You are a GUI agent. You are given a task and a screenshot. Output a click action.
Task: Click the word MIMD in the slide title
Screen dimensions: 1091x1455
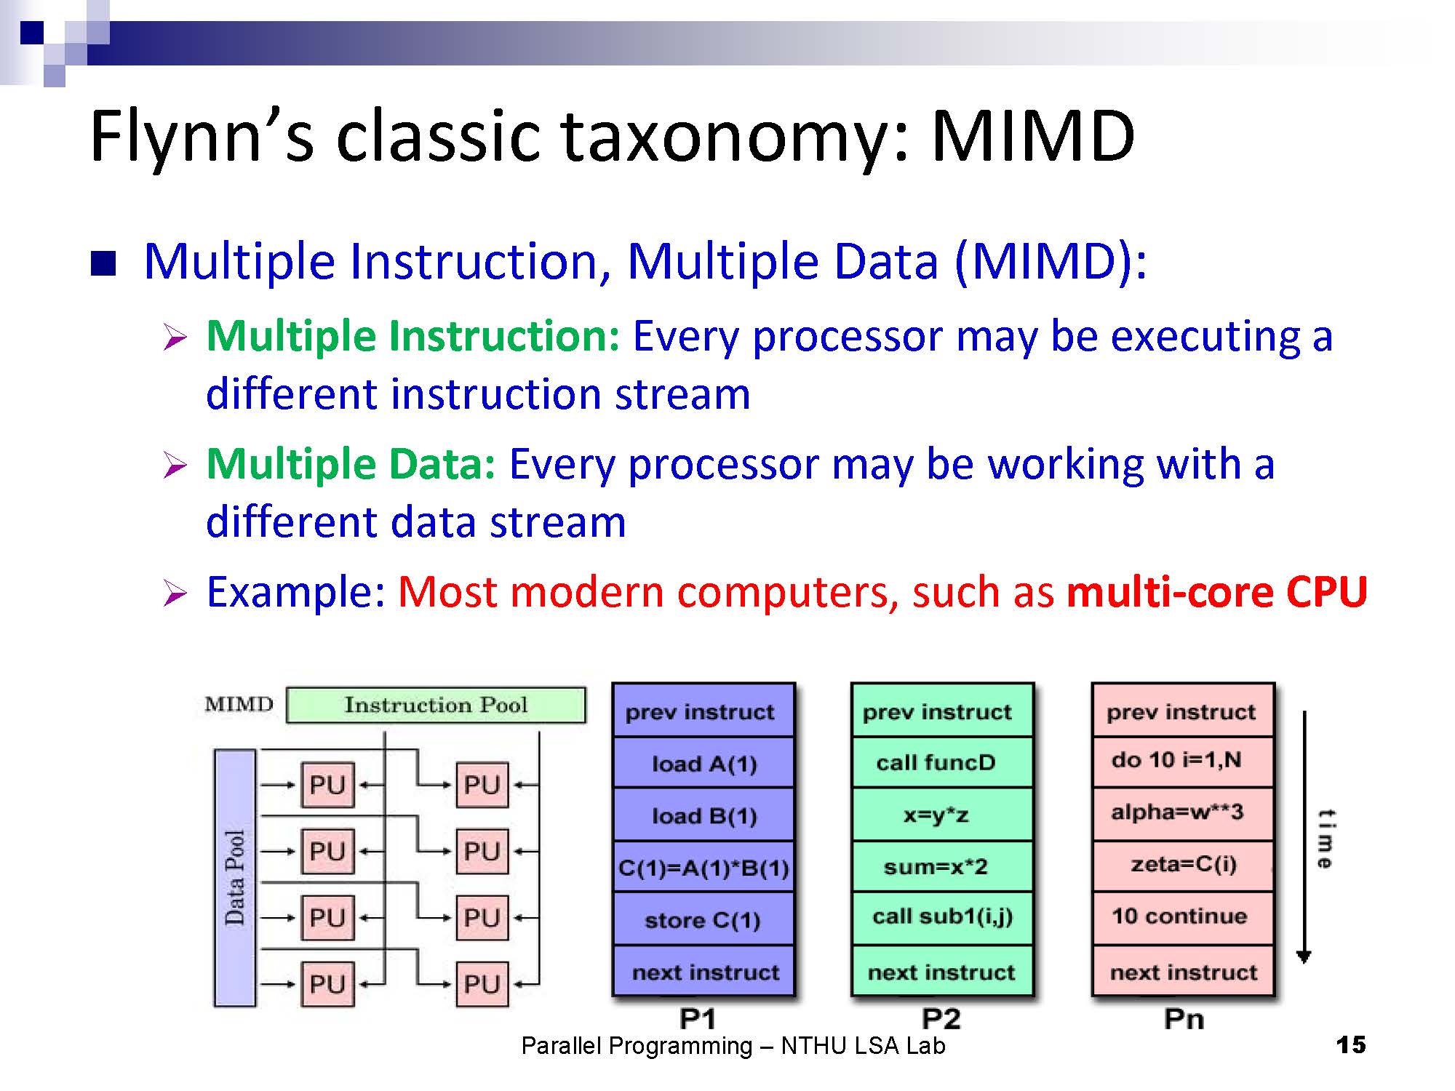click(x=1032, y=136)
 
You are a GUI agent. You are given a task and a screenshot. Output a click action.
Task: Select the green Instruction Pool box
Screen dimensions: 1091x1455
click(x=436, y=705)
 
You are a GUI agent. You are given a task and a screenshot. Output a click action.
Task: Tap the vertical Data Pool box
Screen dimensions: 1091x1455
click(x=234, y=878)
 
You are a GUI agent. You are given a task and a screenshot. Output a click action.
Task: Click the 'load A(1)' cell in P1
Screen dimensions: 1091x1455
click(x=703, y=763)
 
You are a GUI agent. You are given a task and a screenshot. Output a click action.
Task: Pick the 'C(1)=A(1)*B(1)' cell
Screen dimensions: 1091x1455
click(x=703, y=867)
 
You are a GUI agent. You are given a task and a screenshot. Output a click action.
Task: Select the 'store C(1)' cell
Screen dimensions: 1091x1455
click(x=703, y=920)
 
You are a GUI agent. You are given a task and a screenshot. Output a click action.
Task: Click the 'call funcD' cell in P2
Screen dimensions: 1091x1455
click(x=942, y=762)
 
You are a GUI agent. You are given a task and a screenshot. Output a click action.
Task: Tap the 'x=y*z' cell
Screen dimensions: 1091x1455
click(x=942, y=815)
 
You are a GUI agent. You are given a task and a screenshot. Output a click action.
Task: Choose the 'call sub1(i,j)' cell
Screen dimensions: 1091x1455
click(x=942, y=916)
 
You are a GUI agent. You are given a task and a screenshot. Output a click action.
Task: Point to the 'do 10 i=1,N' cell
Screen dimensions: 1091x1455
click(x=1182, y=761)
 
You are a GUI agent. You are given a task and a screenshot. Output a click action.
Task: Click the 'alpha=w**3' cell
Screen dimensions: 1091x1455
click(x=1182, y=812)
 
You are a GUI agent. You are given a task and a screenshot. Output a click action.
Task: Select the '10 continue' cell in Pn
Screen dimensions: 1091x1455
click(x=1182, y=916)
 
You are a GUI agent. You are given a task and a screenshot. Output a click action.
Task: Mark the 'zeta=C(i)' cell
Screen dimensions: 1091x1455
click(x=1182, y=865)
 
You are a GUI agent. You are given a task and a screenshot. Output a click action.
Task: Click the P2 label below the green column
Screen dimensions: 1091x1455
click(x=941, y=1019)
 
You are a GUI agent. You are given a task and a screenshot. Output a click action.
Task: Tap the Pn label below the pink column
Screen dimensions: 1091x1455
click(x=1184, y=1019)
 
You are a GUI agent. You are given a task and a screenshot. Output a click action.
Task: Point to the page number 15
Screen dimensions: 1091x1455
click(x=1351, y=1045)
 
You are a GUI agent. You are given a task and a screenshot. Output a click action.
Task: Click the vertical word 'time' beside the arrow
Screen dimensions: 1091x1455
click(x=1326, y=839)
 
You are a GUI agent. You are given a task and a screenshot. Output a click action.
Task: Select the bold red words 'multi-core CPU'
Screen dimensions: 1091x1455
click(x=1216, y=592)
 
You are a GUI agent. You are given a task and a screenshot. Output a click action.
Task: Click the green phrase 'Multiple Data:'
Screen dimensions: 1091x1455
click(x=351, y=464)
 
